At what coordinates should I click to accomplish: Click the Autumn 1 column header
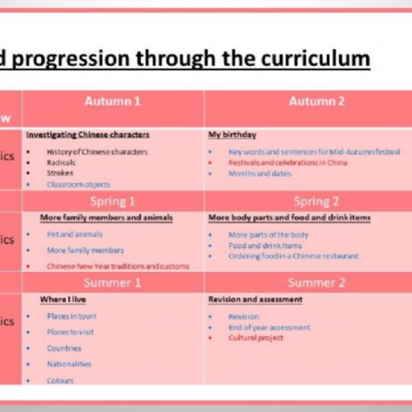click(x=113, y=101)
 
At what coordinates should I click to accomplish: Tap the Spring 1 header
click(x=113, y=201)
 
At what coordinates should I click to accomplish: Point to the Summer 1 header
click(x=113, y=283)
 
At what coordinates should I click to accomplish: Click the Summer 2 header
click(x=316, y=283)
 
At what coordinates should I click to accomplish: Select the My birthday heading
click(x=232, y=133)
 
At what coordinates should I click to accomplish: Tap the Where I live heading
click(x=63, y=300)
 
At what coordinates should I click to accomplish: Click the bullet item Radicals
click(x=60, y=163)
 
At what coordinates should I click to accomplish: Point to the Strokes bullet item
click(x=59, y=174)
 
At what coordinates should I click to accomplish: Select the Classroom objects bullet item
click(x=77, y=185)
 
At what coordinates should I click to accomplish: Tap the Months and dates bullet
click(x=260, y=174)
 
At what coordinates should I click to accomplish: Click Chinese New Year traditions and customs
click(x=118, y=266)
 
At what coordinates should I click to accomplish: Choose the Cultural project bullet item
click(x=255, y=338)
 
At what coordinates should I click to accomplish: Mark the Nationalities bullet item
click(x=68, y=363)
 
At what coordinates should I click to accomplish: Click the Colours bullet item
click(x=60, y=381)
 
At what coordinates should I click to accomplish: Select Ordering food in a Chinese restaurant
click(x=293, y=256)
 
